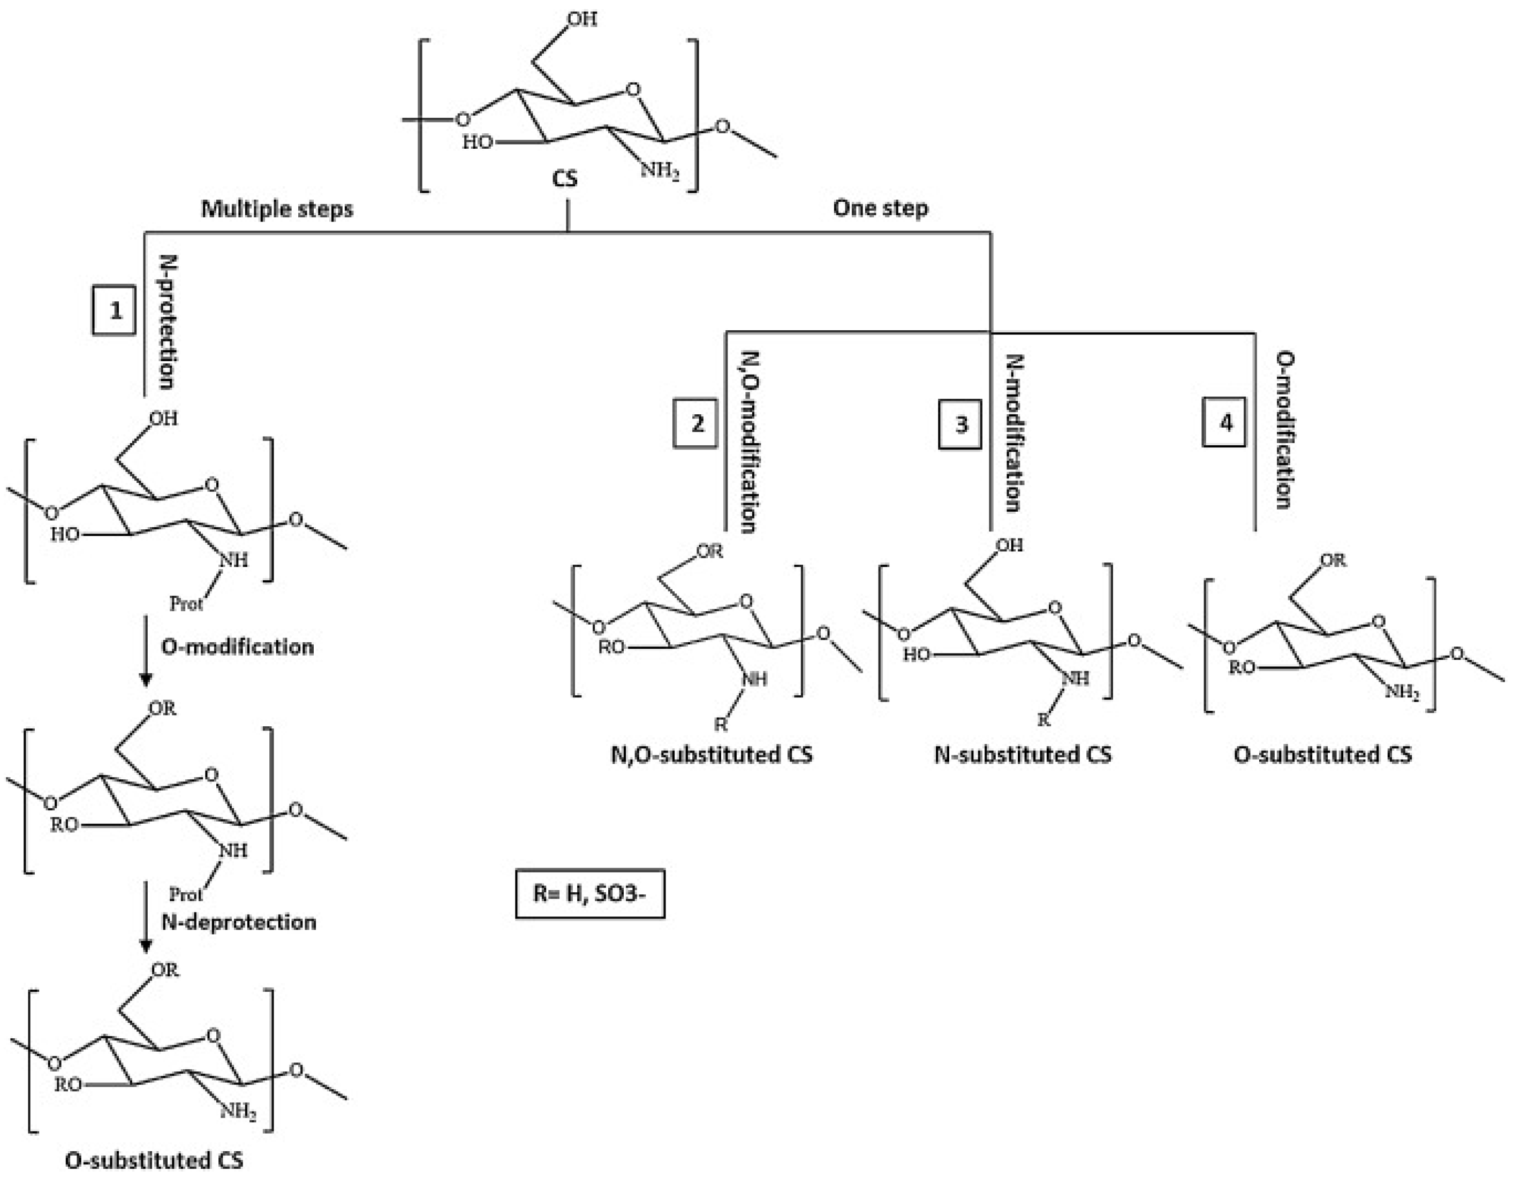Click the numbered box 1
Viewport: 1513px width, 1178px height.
(115, 310)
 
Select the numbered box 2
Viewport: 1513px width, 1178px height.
(695, 423)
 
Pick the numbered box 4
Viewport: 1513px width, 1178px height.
(1224, 422)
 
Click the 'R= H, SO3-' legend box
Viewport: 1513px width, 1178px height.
(590, 893)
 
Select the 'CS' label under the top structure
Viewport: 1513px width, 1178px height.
(565, 179)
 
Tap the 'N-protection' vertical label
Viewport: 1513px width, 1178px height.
(168, 322)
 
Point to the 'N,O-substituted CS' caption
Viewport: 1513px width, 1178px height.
(712, 754)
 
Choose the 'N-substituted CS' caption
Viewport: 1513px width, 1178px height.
(1023, 754)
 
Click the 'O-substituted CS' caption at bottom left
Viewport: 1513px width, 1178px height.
(155, 1160)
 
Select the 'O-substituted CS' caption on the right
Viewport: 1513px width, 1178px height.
(1322, 754)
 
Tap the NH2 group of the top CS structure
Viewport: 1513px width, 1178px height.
(660, 170)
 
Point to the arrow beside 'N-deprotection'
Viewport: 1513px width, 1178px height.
(146, 917)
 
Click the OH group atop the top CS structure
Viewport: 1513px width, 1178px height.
(582, 19)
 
